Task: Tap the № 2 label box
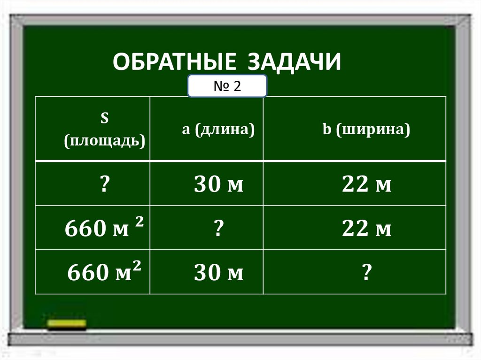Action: [x=227, y=86]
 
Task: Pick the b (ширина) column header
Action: [x=366, y=130]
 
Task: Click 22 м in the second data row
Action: [x=366, y=230]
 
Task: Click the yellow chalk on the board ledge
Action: [x=67, y=323]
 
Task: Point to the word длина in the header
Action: [x=225, y=130]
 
